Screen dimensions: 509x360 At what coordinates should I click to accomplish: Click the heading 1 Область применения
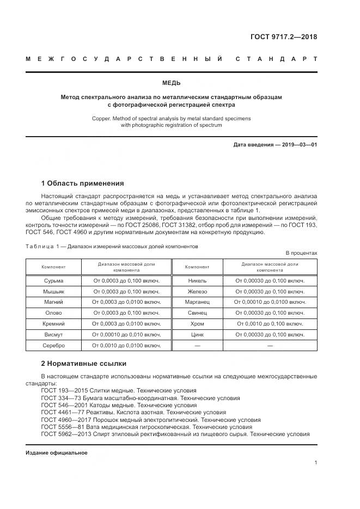[x=82, y=183]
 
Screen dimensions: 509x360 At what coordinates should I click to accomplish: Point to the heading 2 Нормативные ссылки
[x=84, y=363]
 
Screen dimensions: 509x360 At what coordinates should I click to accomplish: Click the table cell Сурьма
[x=53, y=280]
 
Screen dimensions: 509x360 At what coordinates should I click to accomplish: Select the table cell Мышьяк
[x=53, y=291]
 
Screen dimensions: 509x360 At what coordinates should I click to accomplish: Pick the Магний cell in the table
[x=53, y=302]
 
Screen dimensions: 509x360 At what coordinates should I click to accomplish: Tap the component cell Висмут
[x=53, y=334]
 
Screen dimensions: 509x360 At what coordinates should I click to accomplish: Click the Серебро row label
[x=53, y=345]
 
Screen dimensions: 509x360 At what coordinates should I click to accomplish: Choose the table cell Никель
[x=197, y=280]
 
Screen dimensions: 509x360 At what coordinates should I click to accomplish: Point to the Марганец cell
[x=197, y=302]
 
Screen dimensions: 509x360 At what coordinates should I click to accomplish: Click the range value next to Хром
[x=270, y=323]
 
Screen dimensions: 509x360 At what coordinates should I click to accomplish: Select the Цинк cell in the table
[x=197, y=334]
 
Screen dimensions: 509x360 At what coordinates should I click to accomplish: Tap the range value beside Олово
[x=126, y=312]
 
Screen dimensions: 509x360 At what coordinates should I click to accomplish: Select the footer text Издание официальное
[x=56, y=452]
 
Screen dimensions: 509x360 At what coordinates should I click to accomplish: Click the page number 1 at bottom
[x=315, y=463]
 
